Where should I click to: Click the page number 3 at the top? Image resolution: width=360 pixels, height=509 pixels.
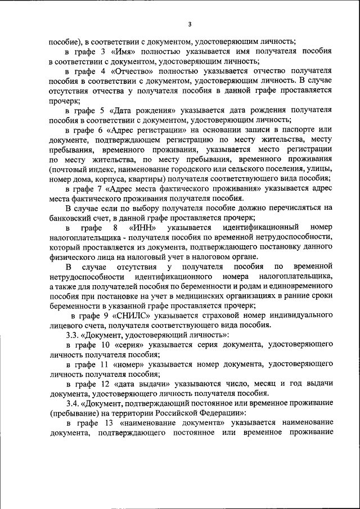(190, 24)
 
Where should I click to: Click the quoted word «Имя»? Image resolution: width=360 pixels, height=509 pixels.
(125, 51)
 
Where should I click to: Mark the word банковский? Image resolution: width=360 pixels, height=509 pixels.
(71, 218)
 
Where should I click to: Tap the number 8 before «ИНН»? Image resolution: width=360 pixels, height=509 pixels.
(115, 228)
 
